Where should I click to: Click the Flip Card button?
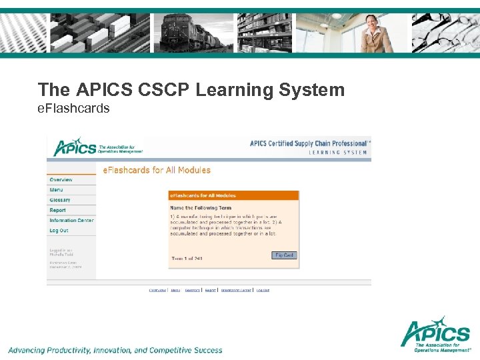[x=284, y=255]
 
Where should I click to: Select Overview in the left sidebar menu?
[x=61, y=180]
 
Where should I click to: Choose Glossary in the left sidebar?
[x=60, y=200]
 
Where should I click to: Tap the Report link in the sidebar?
[x=58, y=210]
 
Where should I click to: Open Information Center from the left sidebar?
[x=71, y=220]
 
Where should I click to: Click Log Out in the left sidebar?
[x=59, y=231]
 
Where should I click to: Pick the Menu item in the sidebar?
[x=56, y=190]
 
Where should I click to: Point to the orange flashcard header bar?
[x=233, y=196]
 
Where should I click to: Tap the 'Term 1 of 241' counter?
[x=187, y=259]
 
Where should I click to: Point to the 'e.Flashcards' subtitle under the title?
[x=73, y=108]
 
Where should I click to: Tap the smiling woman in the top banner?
[x=375, y=33]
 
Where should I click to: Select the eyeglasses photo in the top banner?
[x=443, y=33]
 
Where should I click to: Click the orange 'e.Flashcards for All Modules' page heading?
[x=156, y=170]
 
